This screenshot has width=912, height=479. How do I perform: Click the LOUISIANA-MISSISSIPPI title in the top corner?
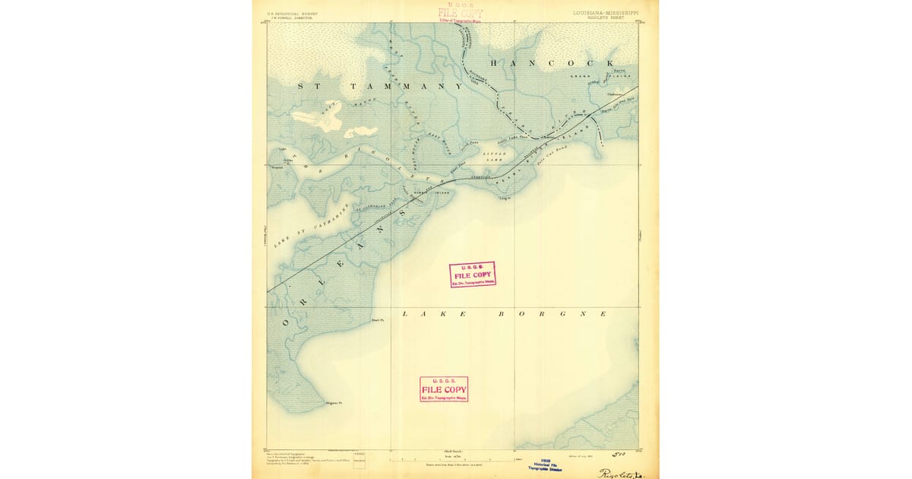[x=606, y=13]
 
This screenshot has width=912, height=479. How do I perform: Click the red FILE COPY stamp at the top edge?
[x=460, y=13]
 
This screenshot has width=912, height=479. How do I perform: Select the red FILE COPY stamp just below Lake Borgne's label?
[x=444, y=389]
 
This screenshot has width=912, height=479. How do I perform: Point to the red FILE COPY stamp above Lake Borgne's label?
[x=472, y=274]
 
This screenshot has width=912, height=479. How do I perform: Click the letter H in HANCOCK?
[x=496, y=63]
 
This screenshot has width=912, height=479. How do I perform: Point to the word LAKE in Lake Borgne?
[x=416, y=313]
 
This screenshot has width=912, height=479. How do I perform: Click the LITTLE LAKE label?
[x=494, y=157]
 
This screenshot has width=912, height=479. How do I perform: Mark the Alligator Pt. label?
[x=334, y=402]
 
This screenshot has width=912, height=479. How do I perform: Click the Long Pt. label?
[x=502, y=198]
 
